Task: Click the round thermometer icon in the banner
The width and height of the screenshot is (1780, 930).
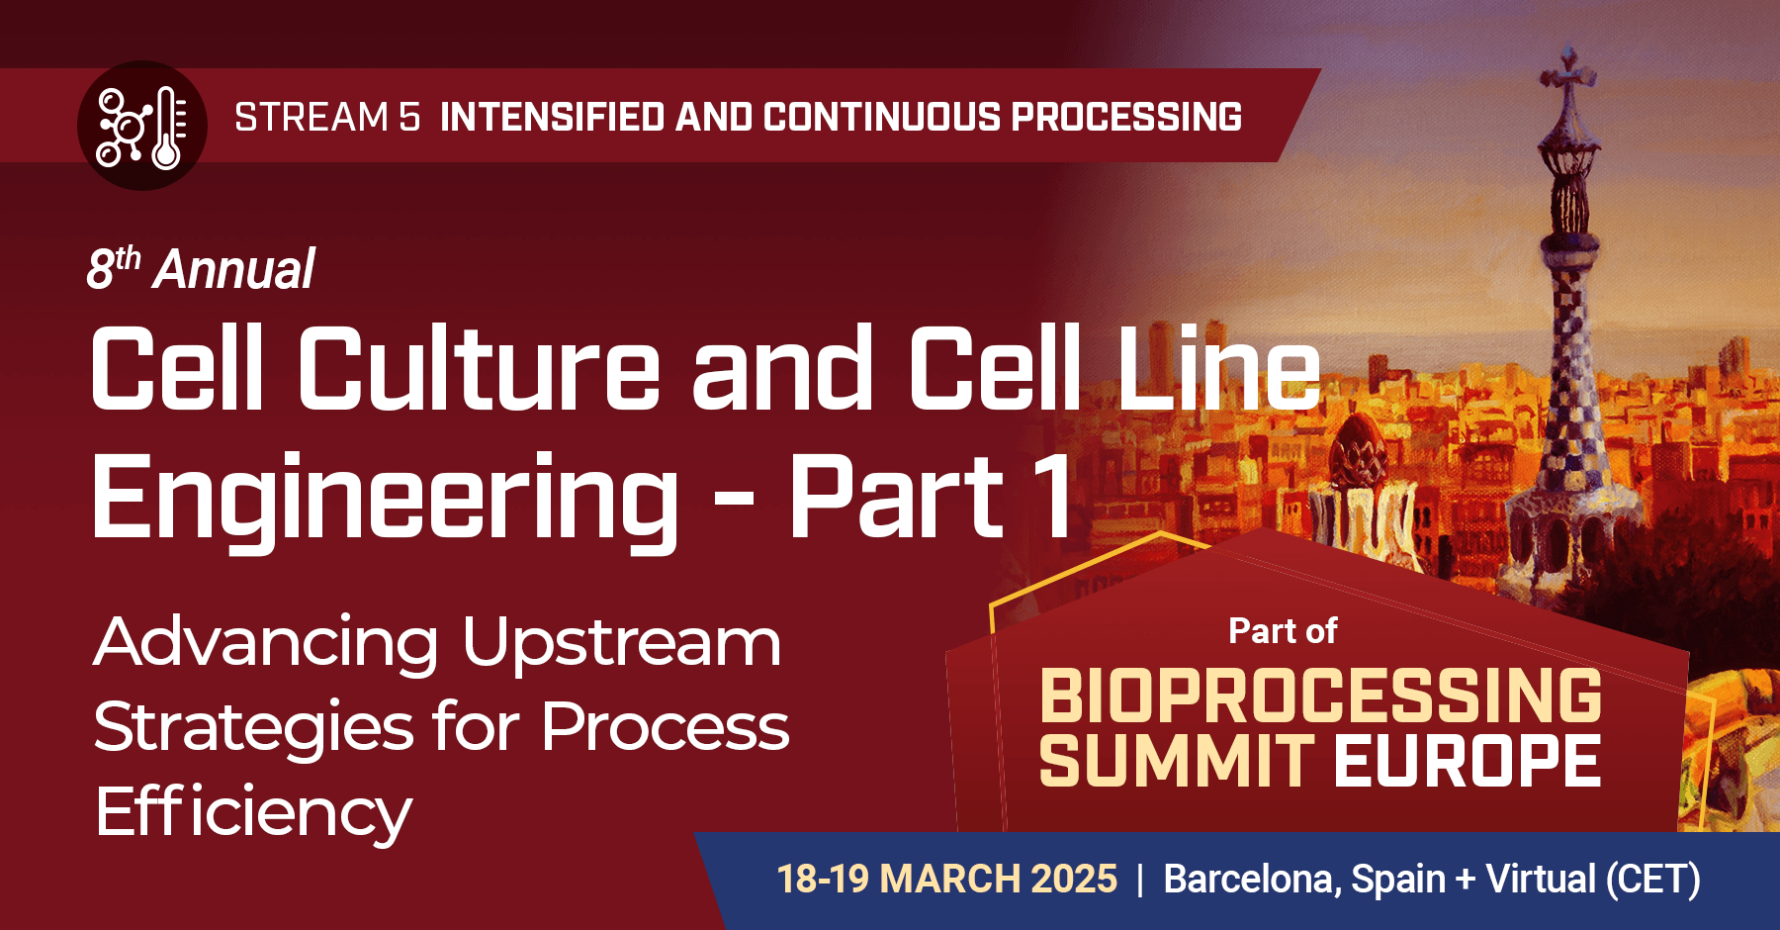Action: tap(141, 126)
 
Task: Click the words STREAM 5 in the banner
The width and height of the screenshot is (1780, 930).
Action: tap(327, 118)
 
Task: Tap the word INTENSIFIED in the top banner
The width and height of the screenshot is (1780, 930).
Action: tap(552, 118)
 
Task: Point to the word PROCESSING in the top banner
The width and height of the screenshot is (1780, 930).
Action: tap(1126, 118)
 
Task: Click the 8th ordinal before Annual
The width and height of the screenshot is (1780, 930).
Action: tap(112, 268)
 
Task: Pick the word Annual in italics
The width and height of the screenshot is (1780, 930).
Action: tap(234, 270)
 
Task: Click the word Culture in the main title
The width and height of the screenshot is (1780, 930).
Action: tap(479, 368)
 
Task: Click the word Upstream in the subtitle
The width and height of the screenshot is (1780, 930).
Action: tap(622, 643)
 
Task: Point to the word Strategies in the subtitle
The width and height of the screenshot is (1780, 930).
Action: tap(253, 728)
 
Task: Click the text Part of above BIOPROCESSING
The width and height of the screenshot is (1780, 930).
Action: tap(1283, 631)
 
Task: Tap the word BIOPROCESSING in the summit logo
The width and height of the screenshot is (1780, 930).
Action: tap(1320, 696)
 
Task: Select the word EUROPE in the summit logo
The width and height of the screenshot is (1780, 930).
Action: tap(1468, 761)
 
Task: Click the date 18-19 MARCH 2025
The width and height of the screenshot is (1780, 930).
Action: tap(946, 879)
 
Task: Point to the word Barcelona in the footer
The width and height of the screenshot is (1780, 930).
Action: tap(1251, 879)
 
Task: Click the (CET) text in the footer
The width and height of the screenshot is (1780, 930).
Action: tap(1652, 879)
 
